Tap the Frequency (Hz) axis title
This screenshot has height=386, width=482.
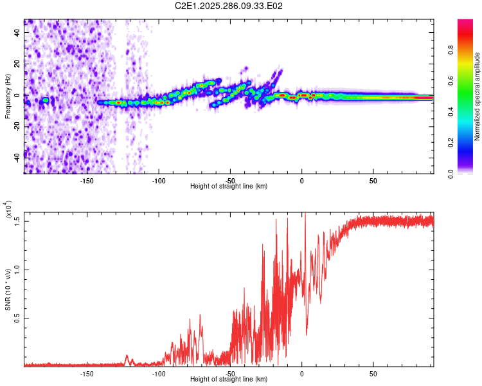(8, 97)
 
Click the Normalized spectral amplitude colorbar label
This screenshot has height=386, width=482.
(478, 97)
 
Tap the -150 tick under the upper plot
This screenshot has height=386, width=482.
(87, 181)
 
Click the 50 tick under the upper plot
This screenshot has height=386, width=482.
(373, 181)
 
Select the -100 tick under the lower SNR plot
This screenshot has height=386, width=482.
(159, 374)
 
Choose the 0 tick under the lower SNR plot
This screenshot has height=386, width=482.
(302, 374)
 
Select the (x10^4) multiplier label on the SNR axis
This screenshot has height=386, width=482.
(8, 210)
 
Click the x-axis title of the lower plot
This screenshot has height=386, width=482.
(229, 380)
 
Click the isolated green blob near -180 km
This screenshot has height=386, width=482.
(46, 100)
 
